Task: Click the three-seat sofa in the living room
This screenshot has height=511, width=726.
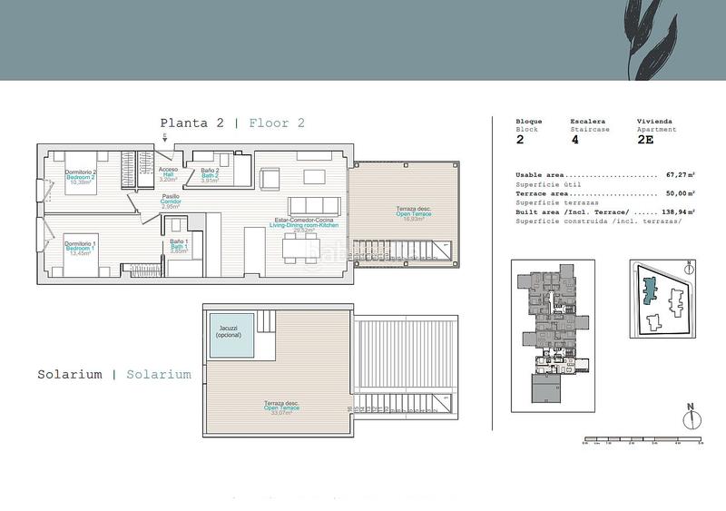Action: (309, 204)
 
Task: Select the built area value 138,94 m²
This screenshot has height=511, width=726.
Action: (677, 211)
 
